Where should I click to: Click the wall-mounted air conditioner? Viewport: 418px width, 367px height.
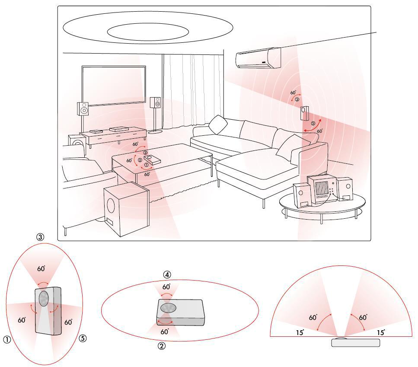[258, 58]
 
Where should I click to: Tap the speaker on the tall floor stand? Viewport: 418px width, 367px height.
[155, 102]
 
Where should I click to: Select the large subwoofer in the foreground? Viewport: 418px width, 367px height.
[126, 210]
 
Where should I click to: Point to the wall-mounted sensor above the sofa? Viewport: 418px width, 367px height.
[304, 113]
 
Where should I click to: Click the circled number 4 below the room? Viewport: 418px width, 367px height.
[167, 275]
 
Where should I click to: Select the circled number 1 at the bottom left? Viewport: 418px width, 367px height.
[7, 339]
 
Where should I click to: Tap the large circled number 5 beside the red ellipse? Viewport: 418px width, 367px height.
[83, 338]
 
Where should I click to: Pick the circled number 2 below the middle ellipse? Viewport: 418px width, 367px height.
[162, 346]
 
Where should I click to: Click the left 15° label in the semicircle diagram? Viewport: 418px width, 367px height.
[300, 332]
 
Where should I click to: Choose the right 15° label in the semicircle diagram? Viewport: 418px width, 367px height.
[381, 332]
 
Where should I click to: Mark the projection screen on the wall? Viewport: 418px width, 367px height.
[114, 86]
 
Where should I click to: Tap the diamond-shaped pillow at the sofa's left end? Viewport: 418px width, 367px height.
[218, 124]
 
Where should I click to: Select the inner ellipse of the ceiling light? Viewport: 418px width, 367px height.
[148, 32]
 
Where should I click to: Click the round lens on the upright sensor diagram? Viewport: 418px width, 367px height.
[44, 298]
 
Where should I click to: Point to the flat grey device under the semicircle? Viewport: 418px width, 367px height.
[356, 342]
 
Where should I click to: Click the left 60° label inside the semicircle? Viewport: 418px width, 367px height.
[313, 317]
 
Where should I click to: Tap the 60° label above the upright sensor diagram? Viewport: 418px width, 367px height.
[41, 268]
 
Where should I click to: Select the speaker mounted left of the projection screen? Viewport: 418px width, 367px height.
[83, 109]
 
